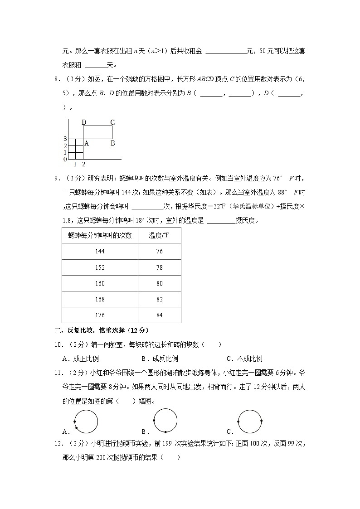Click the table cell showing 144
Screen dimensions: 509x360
(100, 252)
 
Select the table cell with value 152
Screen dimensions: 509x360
(100, 267)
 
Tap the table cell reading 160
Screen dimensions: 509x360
(100, 283)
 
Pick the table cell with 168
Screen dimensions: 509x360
(100, 299)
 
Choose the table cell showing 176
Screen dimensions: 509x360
(100, 315)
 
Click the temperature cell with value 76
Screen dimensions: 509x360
(159, 252)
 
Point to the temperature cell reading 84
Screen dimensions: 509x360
(159, 315)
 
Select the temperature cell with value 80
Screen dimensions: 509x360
(159, 283)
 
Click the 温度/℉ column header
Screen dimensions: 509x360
(159, 235)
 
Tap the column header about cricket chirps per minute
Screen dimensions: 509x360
(100, 235)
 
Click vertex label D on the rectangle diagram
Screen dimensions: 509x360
(84, 122)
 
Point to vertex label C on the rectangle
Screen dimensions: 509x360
(112, 122)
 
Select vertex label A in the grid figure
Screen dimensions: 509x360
(86, 143)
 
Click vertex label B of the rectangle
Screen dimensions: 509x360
(112, 143)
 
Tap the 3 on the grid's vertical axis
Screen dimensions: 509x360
(65, 139)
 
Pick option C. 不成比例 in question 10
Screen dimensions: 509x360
(244, 359)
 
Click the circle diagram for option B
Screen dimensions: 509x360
(165, 420)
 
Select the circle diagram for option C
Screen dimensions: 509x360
(250, 422)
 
